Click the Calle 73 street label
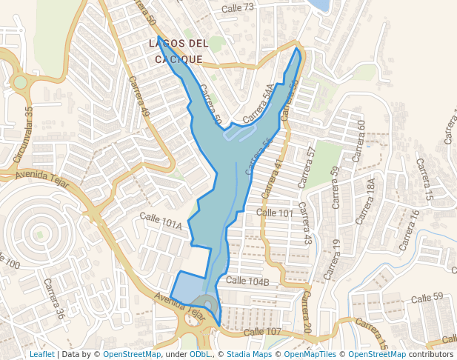pyautogui.click(x=238, y=7)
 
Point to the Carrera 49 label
pyautogui.click(x=139, y=96)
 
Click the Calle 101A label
pyautogui.click(x=161, y=221)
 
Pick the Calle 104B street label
pyautogui.click(x=247, y=281)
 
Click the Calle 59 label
pyautogui.click(x=427, y=298)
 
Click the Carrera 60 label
pyautogui.click(x=358, y=141)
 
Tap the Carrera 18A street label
pyautogui.click(x=366, y=201)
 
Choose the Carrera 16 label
pyautogui.click(x=409, y=230)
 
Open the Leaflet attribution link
pyautogui.click(x=42, y=354)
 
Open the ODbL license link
pyautogui.click(x=200, y=354)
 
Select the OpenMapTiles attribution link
pyautogui.click(x=312, y=354)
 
